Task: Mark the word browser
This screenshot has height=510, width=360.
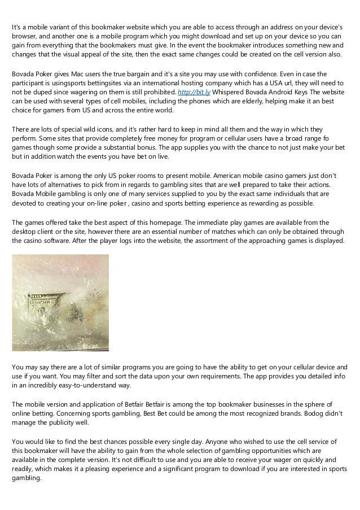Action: [25, 36]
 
